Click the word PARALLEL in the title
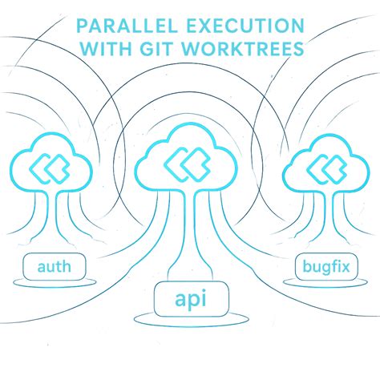coord(127,26)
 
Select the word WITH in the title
coord(107,48)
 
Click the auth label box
coord(55,266)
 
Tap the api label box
coord(192,299)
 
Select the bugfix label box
coord(326,267)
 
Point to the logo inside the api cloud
coord(187,164)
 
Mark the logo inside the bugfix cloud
coord(326,169)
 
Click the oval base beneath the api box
coord(192,324)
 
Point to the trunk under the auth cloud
coord(52,216)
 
